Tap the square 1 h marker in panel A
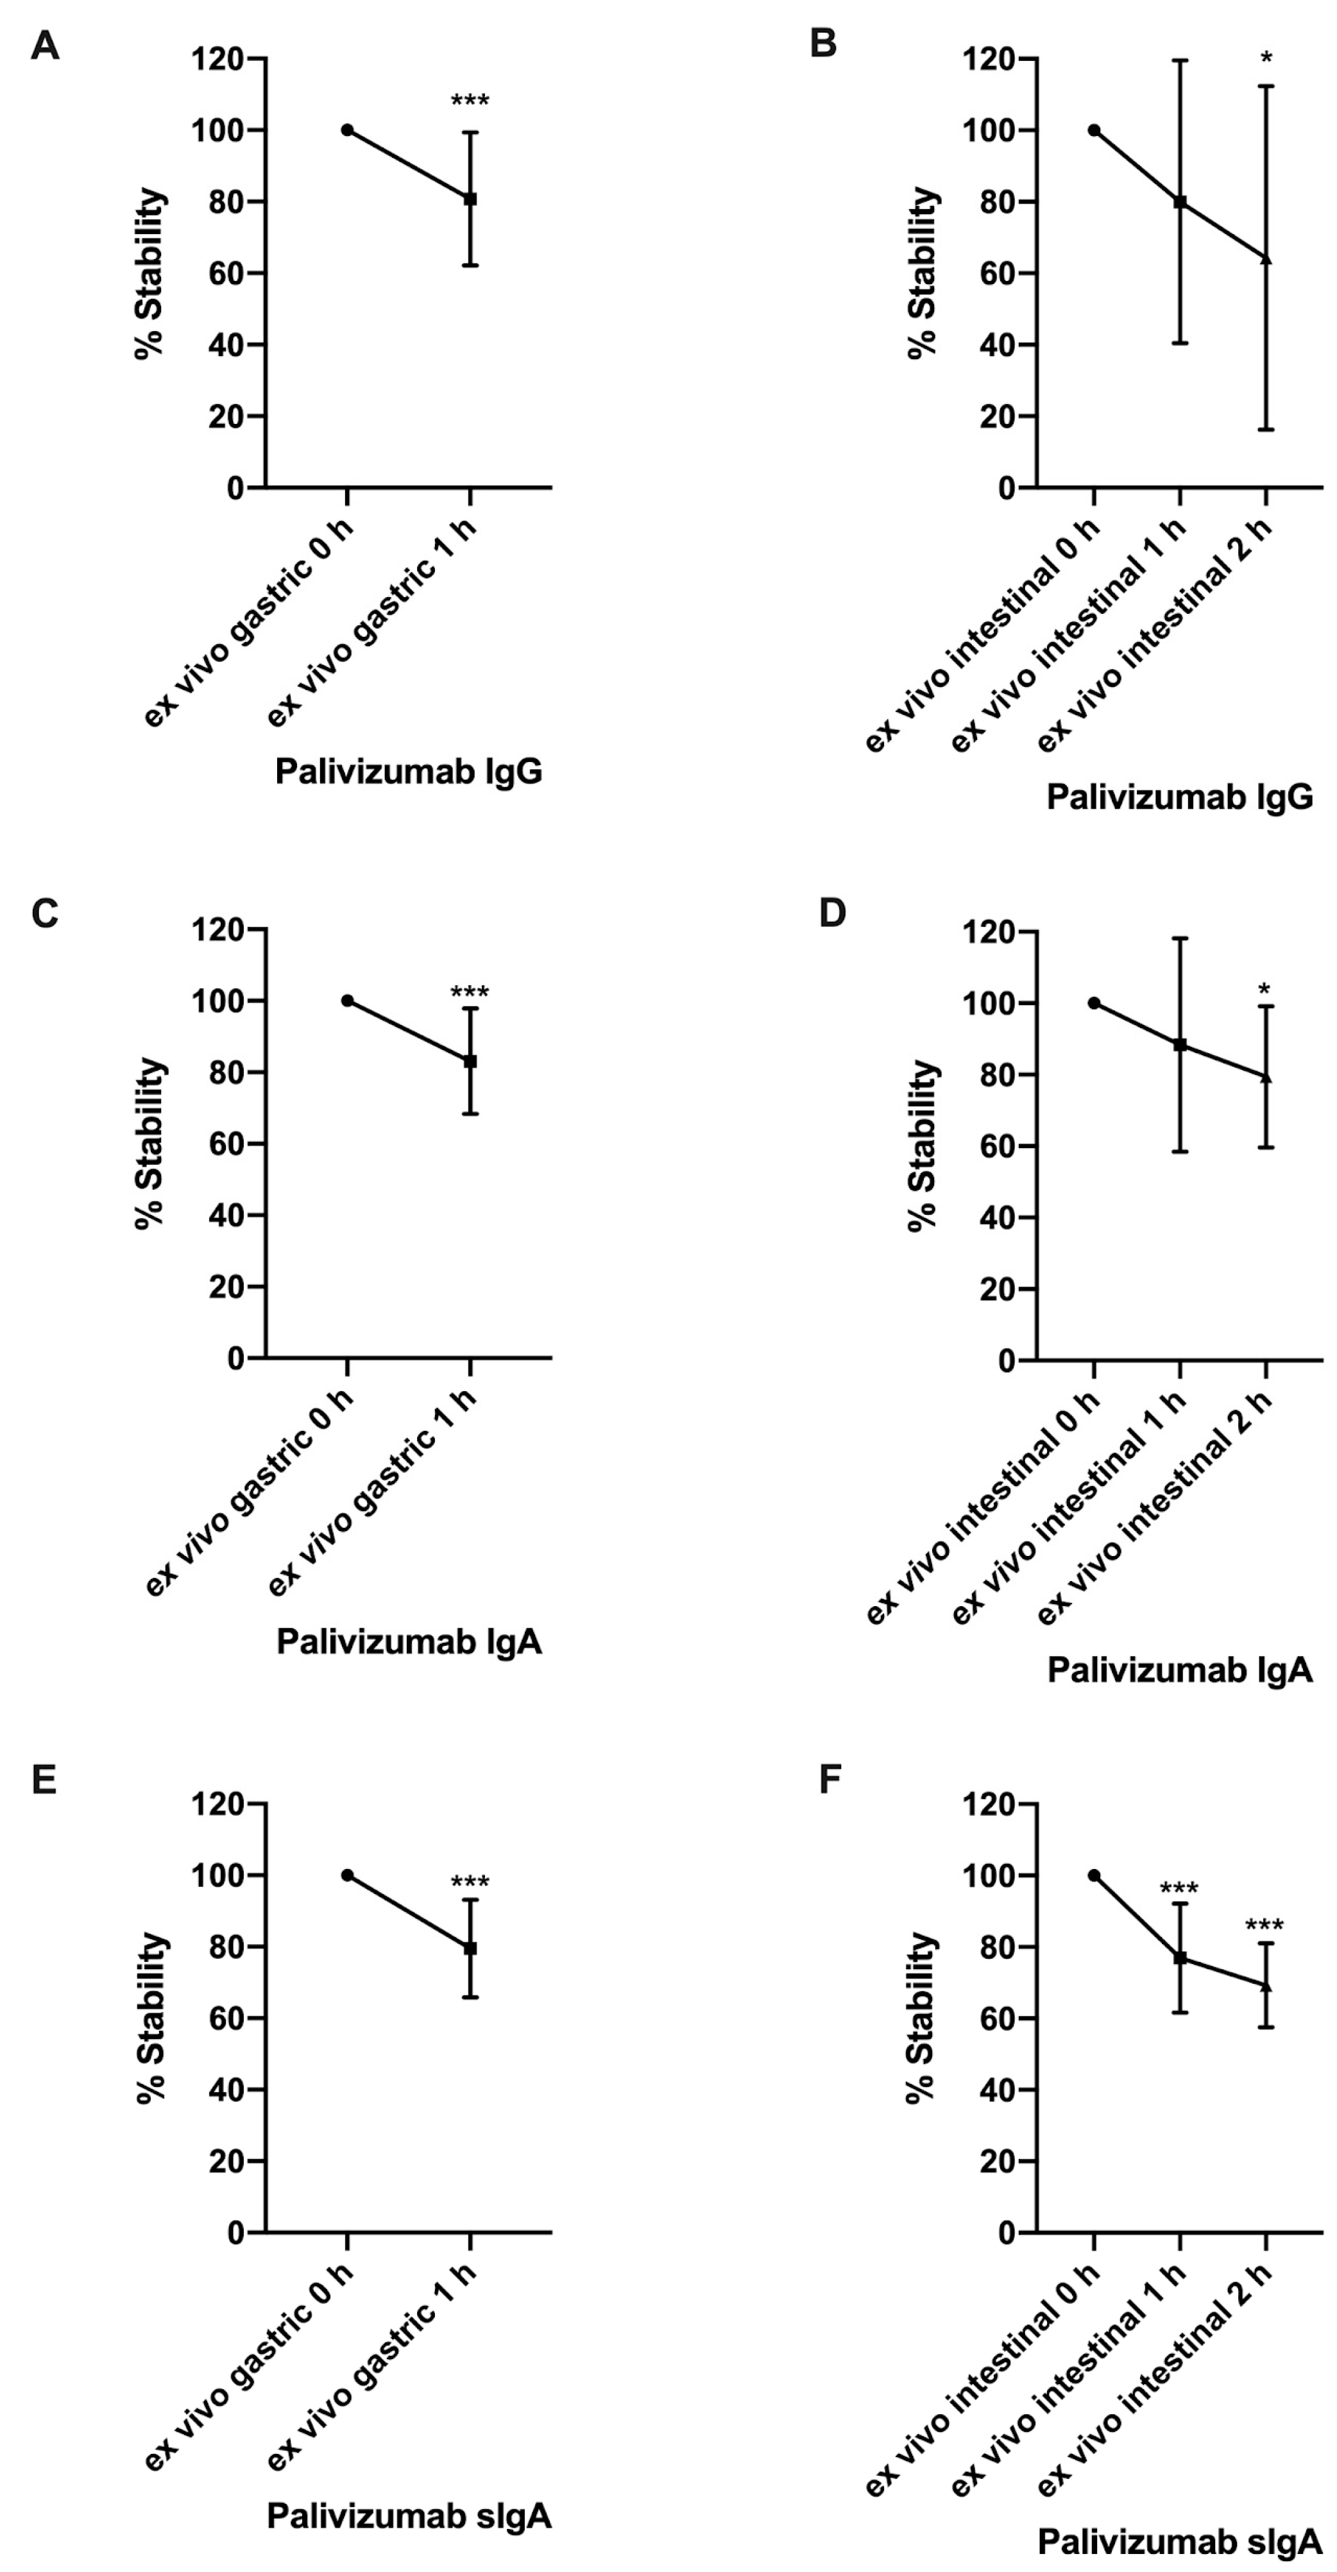point(470,199)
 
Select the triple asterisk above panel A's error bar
point(470,101)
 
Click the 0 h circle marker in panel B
point(1094,130)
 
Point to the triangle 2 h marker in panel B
point(1266,258)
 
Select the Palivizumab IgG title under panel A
point(409,771)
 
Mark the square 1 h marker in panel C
point(470,1062)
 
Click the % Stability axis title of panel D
point(924,1146)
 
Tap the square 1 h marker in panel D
point(1180,1044)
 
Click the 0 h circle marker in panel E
point(348,1875)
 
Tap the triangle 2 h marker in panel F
point(1266,1986)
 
